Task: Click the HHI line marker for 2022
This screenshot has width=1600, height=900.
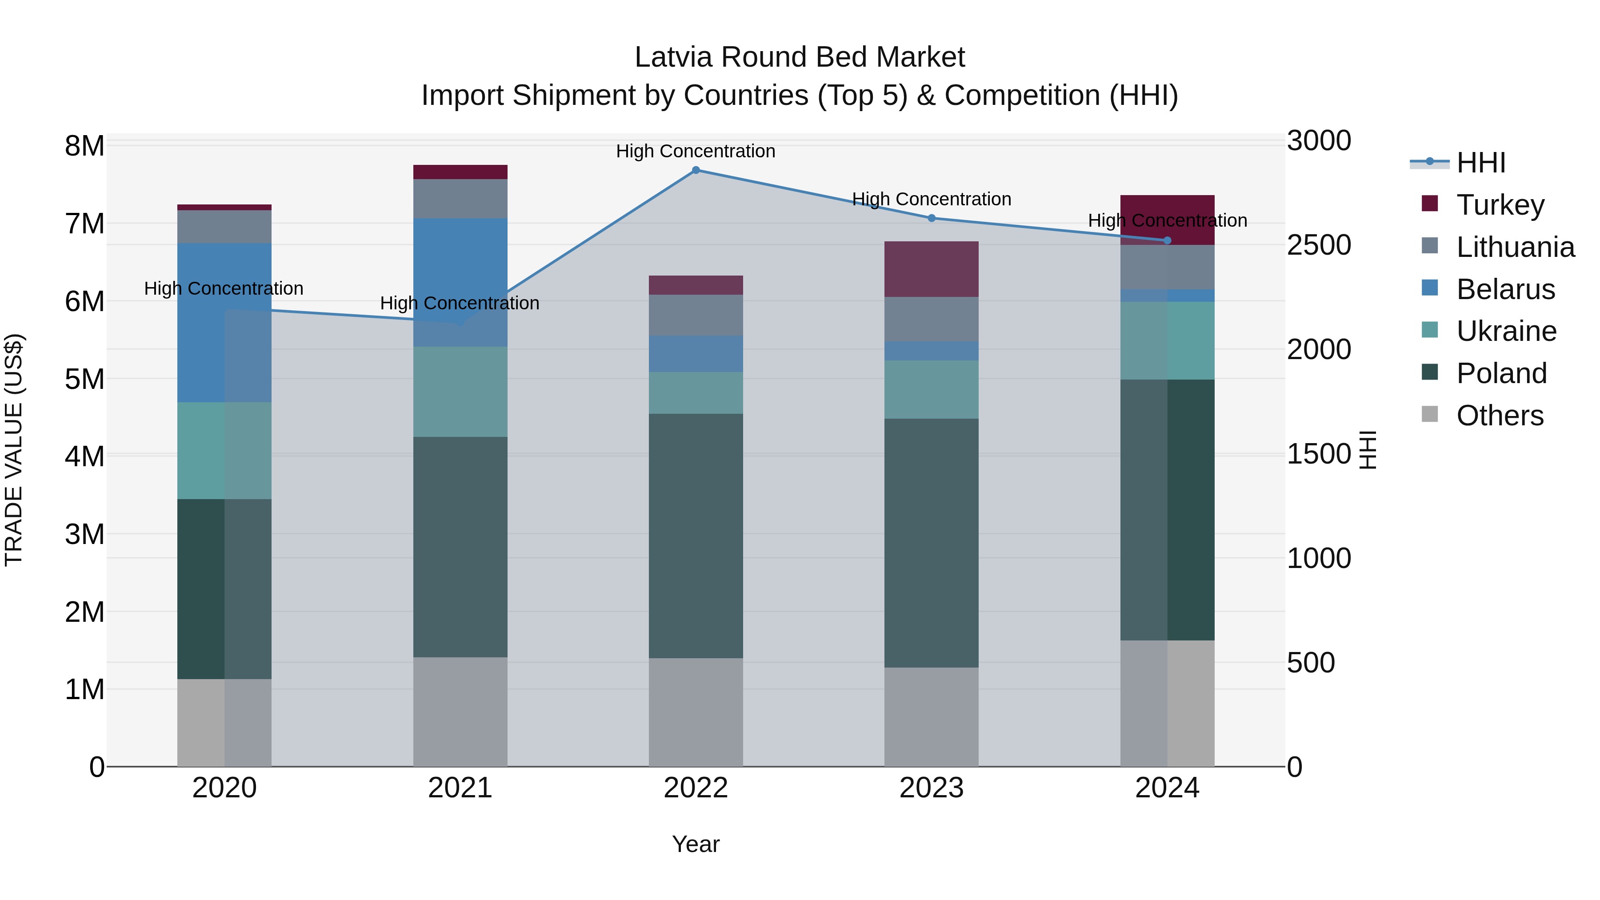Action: click(696, 170)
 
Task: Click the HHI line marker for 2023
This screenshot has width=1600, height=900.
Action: click(931, 218)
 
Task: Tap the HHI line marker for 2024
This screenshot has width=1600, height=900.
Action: click(1167, 240)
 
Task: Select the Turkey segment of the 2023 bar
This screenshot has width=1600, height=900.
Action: click(931, 269)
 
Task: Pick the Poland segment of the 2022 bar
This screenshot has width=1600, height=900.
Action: click(696, 536)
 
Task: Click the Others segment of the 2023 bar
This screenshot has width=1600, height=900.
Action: click(931, 717)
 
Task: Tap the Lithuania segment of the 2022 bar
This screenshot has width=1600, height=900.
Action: click(696, 315)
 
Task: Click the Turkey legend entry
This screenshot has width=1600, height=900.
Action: click(1500, 205)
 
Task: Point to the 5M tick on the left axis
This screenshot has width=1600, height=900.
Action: click(85, 379)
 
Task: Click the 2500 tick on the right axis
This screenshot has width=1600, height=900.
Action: click(1318, 245)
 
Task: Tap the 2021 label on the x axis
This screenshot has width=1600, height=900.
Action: click(460, 788)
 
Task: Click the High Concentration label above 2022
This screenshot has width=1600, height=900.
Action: click(696, 151)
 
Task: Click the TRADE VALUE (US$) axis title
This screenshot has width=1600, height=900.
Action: click(14, 450)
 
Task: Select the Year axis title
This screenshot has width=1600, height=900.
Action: click(696, 844)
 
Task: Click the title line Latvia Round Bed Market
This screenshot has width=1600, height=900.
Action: click(800, 57)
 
